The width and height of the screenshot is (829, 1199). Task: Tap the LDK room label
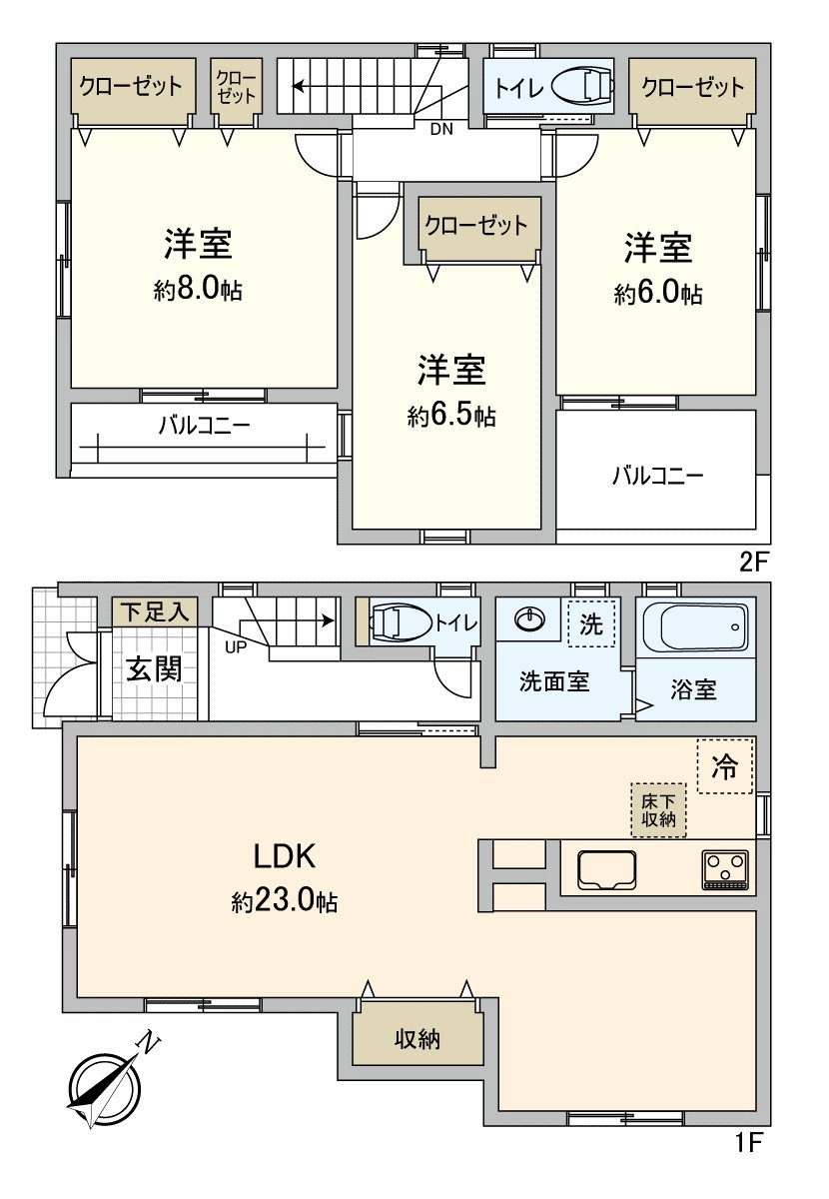coord(284,856)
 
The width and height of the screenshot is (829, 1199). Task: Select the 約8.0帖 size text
coord(199,291)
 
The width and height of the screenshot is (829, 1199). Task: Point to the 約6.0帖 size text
coord(658,294)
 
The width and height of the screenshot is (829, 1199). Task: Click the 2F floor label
coord(756,563)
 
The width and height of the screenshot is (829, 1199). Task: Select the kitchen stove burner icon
coord(726,868)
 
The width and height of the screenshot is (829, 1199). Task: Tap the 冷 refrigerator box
coord(725,766)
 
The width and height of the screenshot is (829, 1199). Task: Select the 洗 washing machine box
coord(592,625)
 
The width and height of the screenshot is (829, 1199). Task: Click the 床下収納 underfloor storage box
coord(658,809)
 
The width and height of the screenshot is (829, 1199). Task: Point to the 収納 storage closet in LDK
coord(417,1039)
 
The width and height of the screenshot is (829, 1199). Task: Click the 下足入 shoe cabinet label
coord(155,611)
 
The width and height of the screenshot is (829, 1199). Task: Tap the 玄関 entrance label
coord(153,668)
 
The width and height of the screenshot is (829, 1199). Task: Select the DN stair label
coord(440,129)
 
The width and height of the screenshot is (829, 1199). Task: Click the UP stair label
coord(237,645)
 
